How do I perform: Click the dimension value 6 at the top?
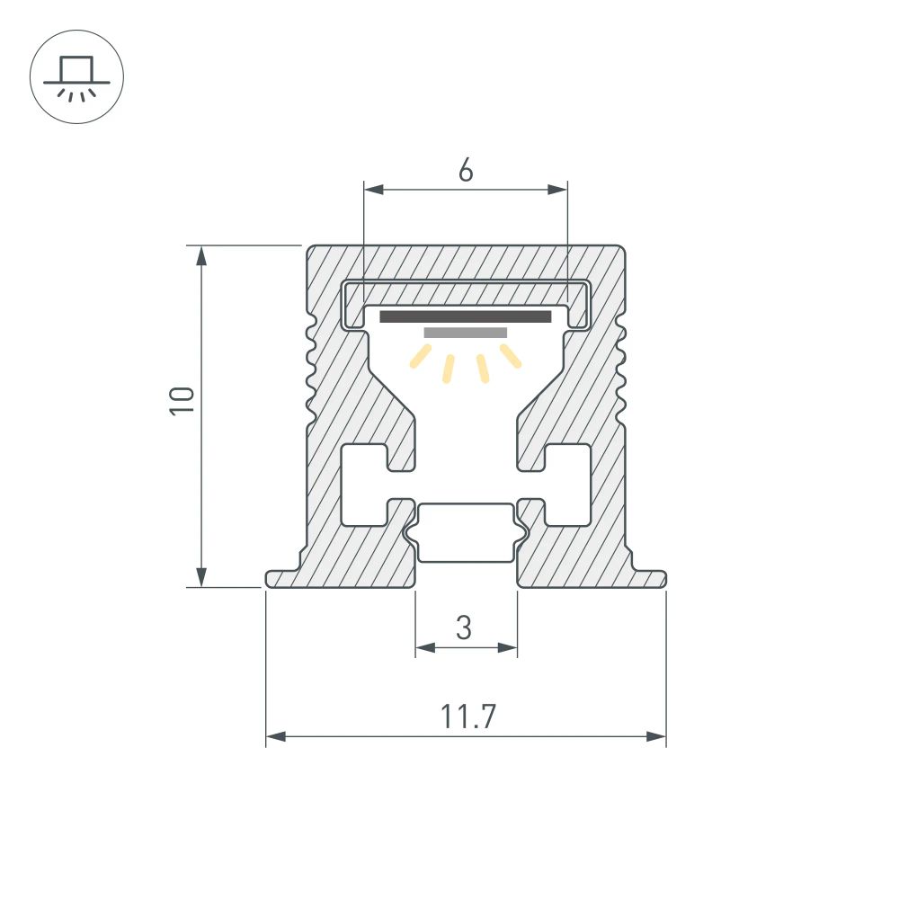pos(465,170)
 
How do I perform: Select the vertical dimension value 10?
pos(182,399)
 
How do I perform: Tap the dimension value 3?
pos(464,628)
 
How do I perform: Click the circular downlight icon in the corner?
pos(76,77)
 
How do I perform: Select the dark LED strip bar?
pos(465,316)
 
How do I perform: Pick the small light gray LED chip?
pos(465,333)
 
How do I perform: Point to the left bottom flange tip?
pos(270,579)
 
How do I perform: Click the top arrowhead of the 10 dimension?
pos(202,254)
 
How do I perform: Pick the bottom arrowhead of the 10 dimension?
pos(202,577)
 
